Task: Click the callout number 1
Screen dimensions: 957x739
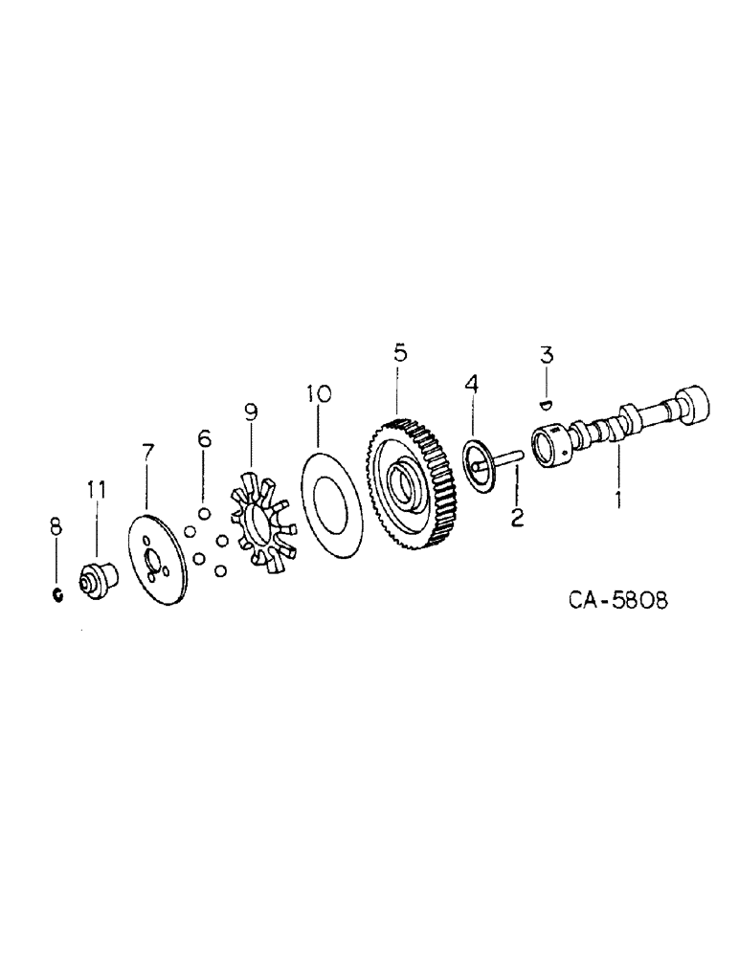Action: pyautogui.click(x=618, y=499)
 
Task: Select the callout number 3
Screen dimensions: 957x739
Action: pyautogui.click(x=545, y=355)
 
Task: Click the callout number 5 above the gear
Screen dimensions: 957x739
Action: pyautogui.click(x=399, y=352)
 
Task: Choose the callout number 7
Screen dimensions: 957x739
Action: pyautogui.click(x=146, y=452)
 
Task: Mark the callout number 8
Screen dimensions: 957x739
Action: pyautogui.click(x=56, y=524)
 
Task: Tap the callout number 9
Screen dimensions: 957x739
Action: pyautogui.click(x=251, y=412)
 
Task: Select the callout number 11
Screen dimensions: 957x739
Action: pyautogui.click(x=97, y=490)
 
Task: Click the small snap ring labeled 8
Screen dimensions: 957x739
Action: pyautogui.click(x=57, y=595)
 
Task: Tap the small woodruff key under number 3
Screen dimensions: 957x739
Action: pyautogui.click(x=546, y=403)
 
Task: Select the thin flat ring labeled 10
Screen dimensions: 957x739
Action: pyautogui.click(x=330, y=503)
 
